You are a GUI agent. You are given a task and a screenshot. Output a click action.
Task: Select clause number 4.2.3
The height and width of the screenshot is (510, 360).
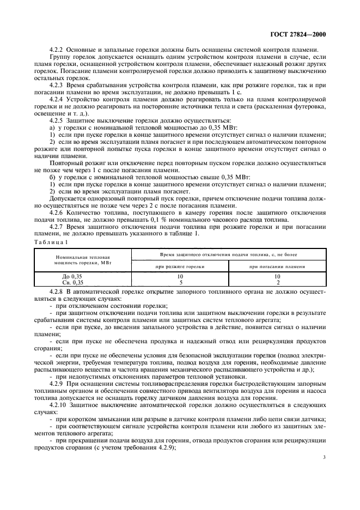pyautogui.click(x=57, y=86)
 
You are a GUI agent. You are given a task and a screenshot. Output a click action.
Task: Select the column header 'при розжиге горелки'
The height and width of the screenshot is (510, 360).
pyautogui.click(x=179, y=266)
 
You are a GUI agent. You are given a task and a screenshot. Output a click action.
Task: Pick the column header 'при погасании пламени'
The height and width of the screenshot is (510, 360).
pyautogui.click(x=277, y=266)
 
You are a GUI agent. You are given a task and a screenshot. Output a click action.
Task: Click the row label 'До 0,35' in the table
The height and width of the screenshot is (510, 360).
pyautogui.click(x=72, y=276)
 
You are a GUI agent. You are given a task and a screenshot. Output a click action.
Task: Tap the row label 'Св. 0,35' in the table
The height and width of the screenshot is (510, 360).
pyautogui.click(x=72, y=282)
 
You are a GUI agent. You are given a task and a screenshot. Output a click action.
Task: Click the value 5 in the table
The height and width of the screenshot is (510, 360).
pyautogui.click(x=179, y=282)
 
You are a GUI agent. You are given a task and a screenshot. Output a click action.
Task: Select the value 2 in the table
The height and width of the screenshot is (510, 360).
pyautogui.click(x=277, y=282)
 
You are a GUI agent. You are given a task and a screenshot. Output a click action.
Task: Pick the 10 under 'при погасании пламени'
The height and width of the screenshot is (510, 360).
pyautogui.click(x=277, y=276)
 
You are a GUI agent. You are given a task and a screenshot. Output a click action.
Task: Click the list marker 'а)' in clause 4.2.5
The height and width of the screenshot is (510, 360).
pyautogui.click(x=52, y=128)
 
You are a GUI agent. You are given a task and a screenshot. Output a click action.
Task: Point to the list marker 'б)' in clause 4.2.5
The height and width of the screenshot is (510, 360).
pyautogui.click(x=52, y=178)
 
